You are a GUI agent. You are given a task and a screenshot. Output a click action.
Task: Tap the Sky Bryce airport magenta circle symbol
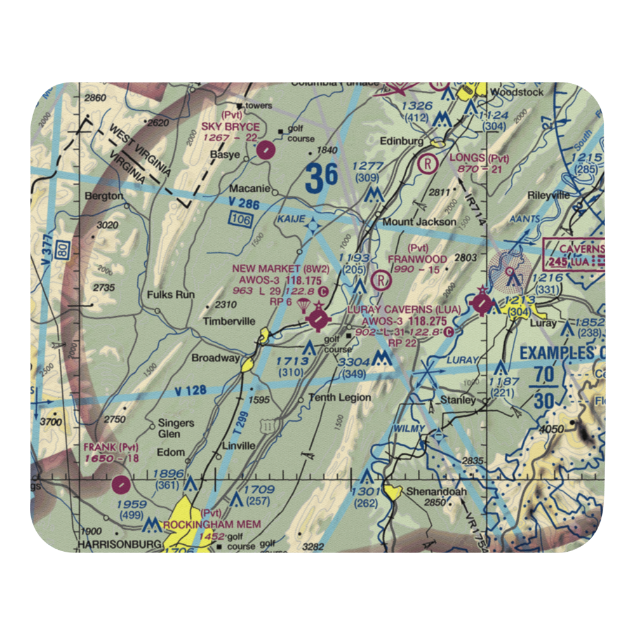[266, 150]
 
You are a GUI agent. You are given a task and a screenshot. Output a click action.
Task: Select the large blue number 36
[321, 179]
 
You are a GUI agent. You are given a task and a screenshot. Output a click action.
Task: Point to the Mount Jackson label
[419, 222]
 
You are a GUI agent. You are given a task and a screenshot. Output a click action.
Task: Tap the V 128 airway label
[189, 391]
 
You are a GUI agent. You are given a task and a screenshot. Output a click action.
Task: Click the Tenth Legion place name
[339, 398]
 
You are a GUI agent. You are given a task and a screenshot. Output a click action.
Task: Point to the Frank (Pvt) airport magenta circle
[120, 485]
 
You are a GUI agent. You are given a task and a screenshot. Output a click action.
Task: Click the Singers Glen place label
[177, 429]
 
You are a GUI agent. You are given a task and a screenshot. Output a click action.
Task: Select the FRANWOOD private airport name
[417, 259]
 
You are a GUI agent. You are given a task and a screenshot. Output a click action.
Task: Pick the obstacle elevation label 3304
[354, 363]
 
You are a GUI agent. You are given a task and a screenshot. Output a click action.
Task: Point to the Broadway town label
[215, 358]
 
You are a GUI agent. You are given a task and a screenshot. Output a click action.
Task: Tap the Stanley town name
[458, 400]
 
